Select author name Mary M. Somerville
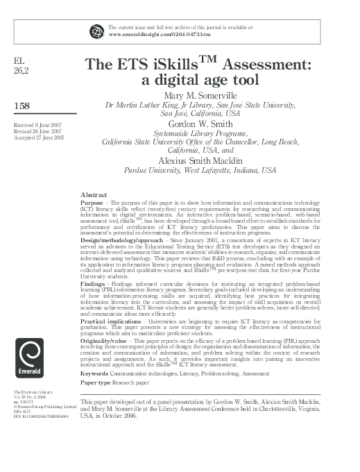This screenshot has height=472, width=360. [x=200, y=95]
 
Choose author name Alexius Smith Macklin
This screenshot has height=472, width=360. [x=199, y=159]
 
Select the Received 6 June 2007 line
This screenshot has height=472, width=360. [x=37, y=124]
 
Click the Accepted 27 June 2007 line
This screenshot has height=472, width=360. [x=39, y=137]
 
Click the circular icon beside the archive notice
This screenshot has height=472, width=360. [x=96, y=29]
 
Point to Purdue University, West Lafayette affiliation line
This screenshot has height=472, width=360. [x=199, y=169]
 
